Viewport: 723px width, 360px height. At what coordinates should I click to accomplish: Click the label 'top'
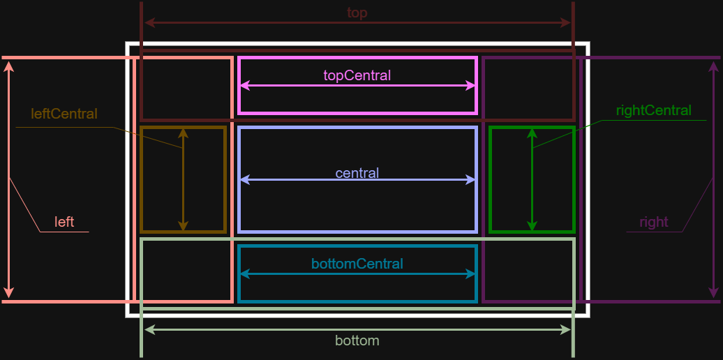[x=357, y=13]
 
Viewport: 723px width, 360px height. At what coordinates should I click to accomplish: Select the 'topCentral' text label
[x=357, y=75]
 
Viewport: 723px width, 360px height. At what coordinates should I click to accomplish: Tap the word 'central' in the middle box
[x=357, y=173]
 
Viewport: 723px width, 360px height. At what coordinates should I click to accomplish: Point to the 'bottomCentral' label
[x=357, y=264]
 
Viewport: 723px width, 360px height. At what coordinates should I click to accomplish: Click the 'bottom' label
[x=357, y=340]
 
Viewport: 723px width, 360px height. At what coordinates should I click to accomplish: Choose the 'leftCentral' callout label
[x=64, y=114]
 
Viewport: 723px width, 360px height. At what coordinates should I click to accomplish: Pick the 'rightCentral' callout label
[x=653, y=110]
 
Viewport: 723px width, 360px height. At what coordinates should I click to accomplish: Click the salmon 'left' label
[x=64, y=222]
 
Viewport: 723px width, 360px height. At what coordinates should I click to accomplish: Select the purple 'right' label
[x=653, y=222]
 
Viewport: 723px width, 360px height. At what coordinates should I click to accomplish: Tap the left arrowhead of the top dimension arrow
[x=149, y=23]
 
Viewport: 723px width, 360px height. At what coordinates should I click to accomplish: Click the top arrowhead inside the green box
[x=532, y=133]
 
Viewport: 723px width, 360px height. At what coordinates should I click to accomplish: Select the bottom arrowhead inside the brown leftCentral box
[x=183, y=226]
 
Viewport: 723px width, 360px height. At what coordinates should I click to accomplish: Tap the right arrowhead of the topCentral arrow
[x=471, y=86]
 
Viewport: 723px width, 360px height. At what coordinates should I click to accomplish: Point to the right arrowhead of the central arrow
[x=471, y=180]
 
